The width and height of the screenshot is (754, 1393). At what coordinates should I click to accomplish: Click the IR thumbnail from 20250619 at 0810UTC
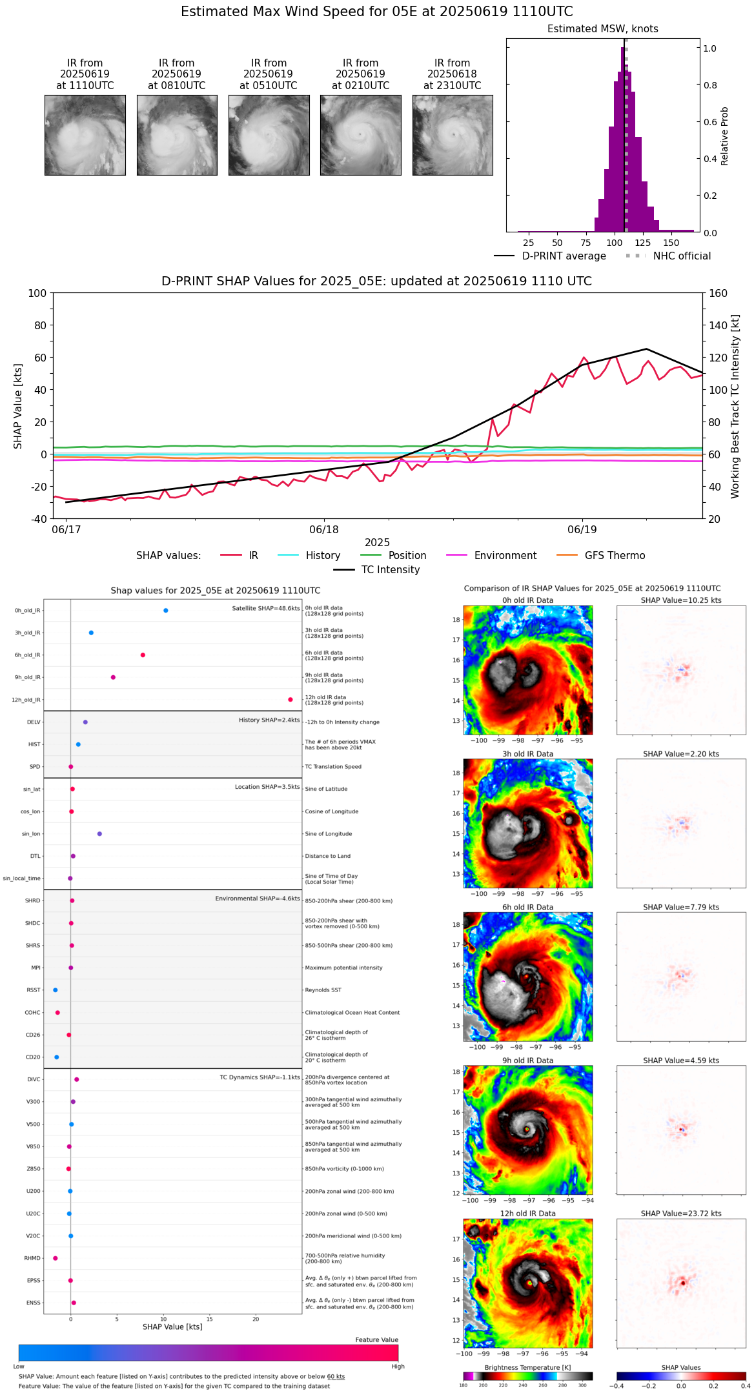coord(177,135)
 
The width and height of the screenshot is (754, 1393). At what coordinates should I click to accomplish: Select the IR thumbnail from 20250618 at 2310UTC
coord(453,135)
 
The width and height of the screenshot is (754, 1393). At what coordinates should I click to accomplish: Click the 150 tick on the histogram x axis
coord(671,243)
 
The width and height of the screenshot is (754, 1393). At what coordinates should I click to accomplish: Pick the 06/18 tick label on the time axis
coord(324,530)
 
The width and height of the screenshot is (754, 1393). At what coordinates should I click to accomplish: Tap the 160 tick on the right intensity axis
coord(718,294)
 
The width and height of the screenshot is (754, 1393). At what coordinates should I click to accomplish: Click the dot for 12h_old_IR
coord(290,700)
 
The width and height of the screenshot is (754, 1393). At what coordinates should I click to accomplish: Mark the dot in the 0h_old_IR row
coord(166,611)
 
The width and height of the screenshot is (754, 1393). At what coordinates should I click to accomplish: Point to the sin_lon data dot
coord(99,834)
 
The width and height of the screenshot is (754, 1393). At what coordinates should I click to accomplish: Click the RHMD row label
coord(32,1258)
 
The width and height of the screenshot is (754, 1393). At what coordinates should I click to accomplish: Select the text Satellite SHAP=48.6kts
coord(266,609)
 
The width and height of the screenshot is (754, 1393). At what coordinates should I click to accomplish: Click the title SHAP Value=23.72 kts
coord(681,1214)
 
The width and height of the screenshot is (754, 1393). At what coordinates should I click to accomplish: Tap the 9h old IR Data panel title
coord(527,1061)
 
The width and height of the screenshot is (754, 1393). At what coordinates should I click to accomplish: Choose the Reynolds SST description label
coord(323,990)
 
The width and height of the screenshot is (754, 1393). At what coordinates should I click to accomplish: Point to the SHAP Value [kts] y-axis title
coord(18,406)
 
